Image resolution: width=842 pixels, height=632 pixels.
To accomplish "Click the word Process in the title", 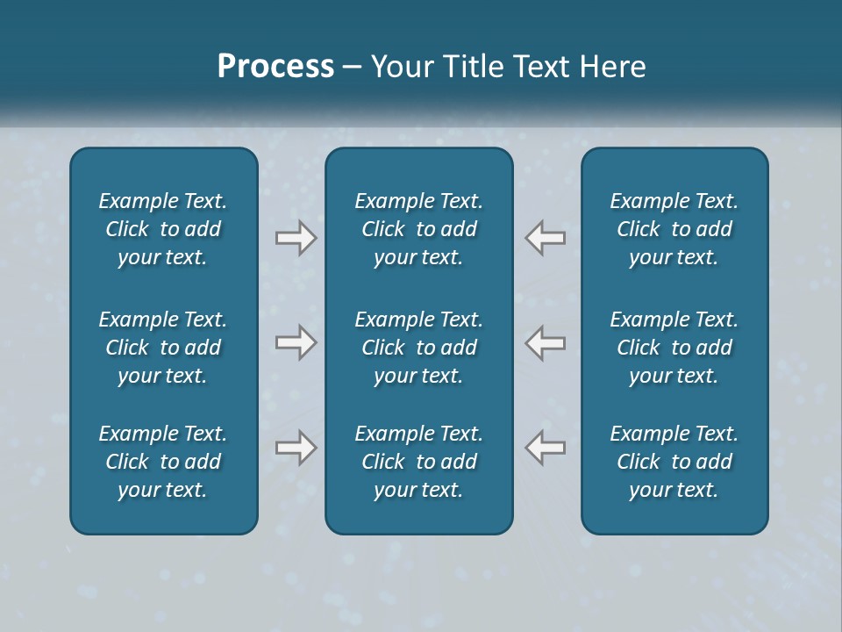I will click(275, 67).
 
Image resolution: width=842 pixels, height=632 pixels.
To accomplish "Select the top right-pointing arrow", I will click(296, 238).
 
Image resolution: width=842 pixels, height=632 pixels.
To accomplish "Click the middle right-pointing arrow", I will click(296, 342).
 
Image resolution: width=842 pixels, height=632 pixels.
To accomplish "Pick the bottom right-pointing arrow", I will click(296, 448).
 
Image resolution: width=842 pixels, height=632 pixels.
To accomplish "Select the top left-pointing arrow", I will click(545, 238).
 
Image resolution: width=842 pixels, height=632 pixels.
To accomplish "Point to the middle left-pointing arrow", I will click(545, 342).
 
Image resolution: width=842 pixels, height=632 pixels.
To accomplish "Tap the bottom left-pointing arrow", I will click(545, 448).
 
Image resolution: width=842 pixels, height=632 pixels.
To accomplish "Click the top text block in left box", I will click(163, 229).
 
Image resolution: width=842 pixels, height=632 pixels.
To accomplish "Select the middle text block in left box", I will click(163, 348).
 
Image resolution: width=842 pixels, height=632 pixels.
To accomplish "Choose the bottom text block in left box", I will click(163, 462).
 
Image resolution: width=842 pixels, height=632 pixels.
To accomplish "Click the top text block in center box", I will click(418, 229).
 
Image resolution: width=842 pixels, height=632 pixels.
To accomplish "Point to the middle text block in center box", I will click(418, 348).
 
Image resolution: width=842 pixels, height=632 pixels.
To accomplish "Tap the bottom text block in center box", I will click(418, 462).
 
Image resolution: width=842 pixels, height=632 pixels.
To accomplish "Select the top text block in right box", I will click(674, 229).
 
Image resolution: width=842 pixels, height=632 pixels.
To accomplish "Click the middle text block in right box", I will click(674, 348).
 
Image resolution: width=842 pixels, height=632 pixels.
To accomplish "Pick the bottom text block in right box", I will click(674, 462).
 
